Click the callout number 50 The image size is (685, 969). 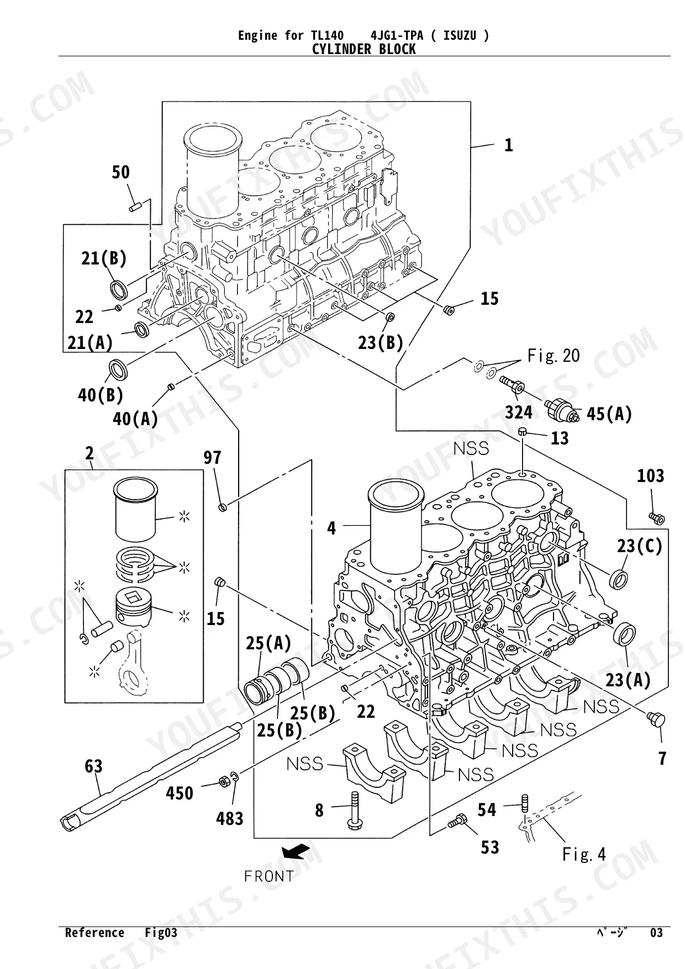(120, 172)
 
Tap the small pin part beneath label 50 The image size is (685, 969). (136, 205)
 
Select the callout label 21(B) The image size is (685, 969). (104, 258)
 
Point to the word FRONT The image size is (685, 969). (269, 876)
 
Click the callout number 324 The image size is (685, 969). (519, 412)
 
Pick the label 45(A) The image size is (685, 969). (609, 414)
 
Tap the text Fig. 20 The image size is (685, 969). (554, 356)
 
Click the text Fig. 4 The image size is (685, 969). (584, 855)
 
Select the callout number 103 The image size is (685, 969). (650, 475)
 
